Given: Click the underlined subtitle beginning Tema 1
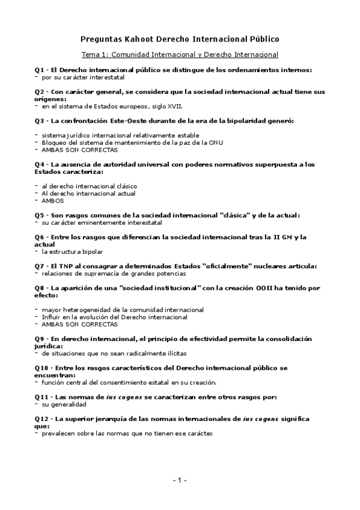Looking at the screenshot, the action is click(x=180, y=55).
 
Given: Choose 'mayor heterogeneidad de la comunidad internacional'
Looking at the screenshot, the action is click(x=123, y=309).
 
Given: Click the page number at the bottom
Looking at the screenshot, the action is click(x=180, y=480).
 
